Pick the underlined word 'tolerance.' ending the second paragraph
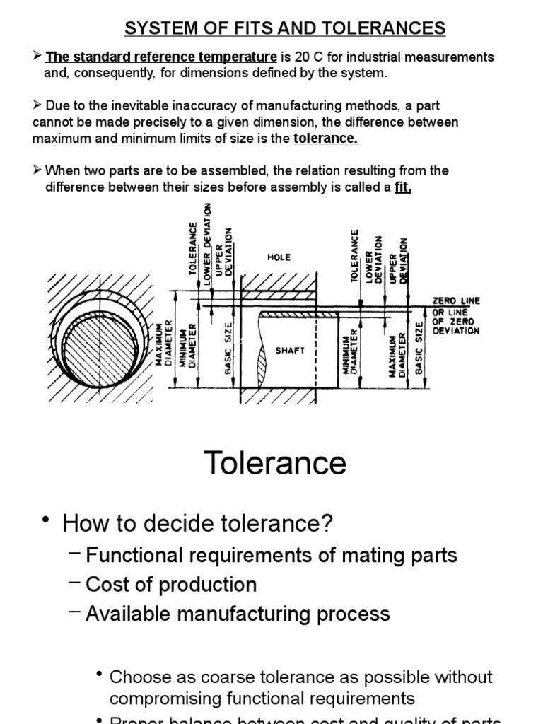click(325, 139)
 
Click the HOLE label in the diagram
click(279, 258)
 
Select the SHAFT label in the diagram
click(290, 350)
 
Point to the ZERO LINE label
click(457, 300)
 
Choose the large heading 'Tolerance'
click(276, 463)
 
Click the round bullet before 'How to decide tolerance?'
click(47, 521)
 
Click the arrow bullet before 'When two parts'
click(38, 171)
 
